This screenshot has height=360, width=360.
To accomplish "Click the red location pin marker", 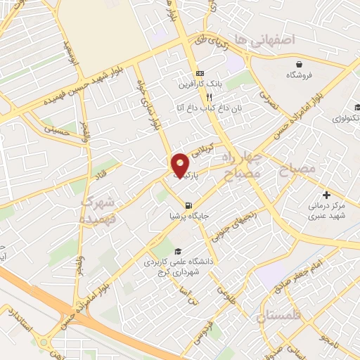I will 180,165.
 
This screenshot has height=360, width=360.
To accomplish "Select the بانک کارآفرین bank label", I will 200,84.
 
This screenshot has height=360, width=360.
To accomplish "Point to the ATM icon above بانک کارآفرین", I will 200,73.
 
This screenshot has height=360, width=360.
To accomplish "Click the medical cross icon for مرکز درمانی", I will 326,194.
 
